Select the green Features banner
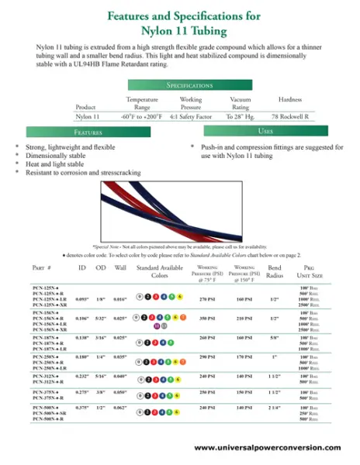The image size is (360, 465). (x=88, y=133)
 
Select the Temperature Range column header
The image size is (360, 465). (x=141, y=102)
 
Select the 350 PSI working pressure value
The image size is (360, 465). (x=207, y=318)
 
